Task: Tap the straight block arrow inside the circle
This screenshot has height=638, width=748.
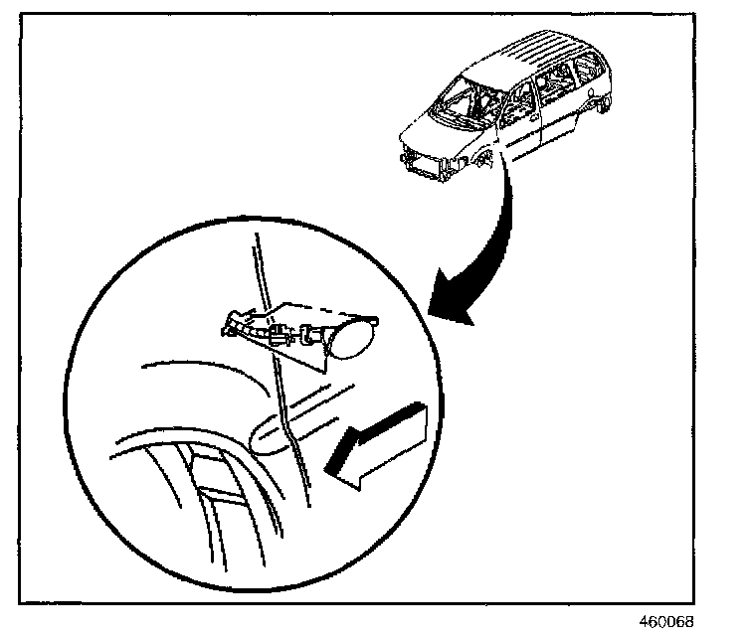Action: pyautogui.click(x=383, y=444)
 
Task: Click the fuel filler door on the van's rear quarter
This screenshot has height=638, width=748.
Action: pyautogui.click(x=594, y=100)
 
